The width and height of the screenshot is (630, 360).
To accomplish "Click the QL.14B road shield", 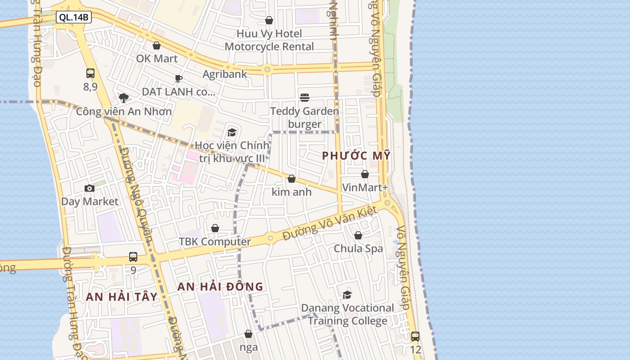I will click(74, 18).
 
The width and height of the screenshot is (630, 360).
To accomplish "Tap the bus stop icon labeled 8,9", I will click(90, 73).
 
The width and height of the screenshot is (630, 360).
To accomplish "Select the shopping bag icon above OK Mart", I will click(157, 45).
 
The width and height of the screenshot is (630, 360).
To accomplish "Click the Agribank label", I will click(225, 74).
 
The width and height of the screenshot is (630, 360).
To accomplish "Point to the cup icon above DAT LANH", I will click(179, 79).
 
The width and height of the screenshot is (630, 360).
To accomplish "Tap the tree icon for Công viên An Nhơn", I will click(123, 98).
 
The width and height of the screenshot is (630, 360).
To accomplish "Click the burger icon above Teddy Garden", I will click(305, 98).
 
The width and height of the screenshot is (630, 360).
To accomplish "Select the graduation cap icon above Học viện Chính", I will click(232, 132).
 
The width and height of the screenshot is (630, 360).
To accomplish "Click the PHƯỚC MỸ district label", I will click(356, 156).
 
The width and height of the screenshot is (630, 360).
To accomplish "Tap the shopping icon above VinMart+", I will click(365, 174).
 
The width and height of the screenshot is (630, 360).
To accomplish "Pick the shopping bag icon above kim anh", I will click(292, 179).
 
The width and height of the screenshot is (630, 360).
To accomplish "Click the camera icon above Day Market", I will click(90, 188).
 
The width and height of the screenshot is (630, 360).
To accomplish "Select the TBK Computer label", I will click(215, 242).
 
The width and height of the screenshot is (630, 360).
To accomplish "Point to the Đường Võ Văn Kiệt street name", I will click(329, 224).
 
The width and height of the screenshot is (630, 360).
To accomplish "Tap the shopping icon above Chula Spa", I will click(358, 235).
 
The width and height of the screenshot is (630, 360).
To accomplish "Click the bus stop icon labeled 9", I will click(133, 257).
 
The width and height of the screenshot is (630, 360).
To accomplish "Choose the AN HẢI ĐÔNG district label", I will click(220, 287).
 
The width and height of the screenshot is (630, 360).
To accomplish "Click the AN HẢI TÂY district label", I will click(121, 297).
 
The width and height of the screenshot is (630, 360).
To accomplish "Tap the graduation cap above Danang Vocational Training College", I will click(347, 295).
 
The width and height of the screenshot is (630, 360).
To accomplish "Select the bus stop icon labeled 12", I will click(415, 337).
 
